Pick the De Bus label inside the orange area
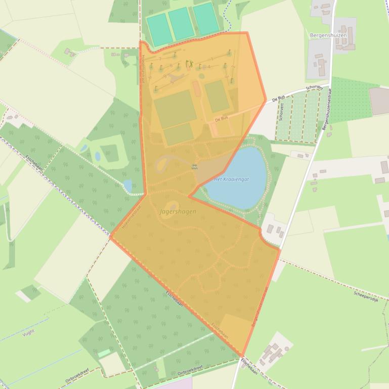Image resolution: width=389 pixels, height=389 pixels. click(x=222, y=119)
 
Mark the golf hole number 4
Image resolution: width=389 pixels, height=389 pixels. click(x=209, y=66)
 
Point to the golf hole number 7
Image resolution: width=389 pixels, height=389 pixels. click(x=160, y=59)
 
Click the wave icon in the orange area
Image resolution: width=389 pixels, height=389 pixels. click(x=194, y=167)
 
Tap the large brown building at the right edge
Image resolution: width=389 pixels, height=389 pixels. click(x=379, y=101)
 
